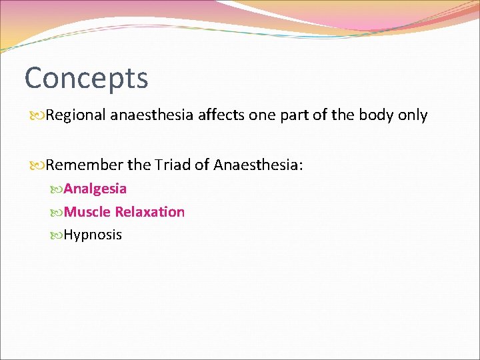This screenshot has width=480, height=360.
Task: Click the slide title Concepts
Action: point(86,79)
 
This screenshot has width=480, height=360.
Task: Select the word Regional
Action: point(77,115)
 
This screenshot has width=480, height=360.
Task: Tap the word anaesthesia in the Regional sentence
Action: point(151,115)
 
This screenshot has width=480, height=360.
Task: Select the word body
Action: point(376,115)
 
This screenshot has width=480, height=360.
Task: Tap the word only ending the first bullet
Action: point(413,115)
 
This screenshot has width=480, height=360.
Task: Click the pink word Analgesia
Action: point(95,189)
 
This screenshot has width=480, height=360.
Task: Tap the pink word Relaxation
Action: point(150,212)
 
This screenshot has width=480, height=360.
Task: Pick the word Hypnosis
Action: point(93,235)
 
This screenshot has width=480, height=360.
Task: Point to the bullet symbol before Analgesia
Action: point(57,189)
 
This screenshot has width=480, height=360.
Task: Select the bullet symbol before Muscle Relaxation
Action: point(57,213)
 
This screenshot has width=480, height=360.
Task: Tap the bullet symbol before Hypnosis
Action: point(57,235)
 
